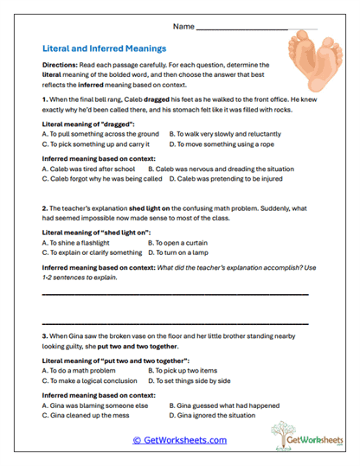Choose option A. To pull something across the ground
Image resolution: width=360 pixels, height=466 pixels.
pos(100,135)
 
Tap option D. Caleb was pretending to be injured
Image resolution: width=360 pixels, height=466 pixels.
pos(226,179)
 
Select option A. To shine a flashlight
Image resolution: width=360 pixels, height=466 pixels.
pos(84,243)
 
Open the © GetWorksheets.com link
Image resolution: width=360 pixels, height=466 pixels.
pos(179,440)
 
